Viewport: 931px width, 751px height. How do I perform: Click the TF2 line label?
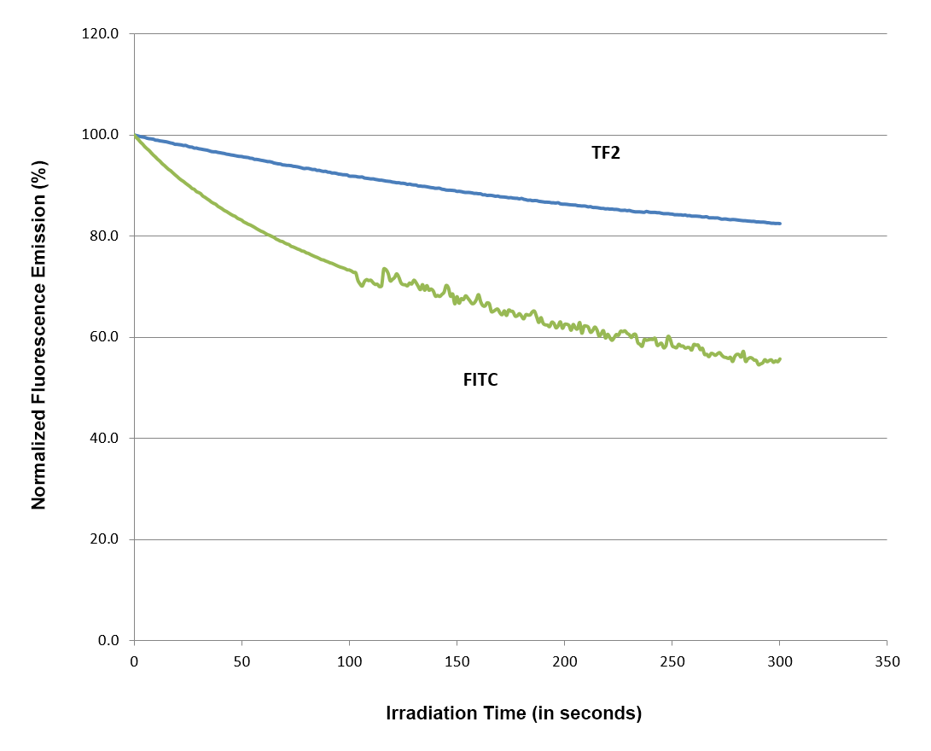[606, 154]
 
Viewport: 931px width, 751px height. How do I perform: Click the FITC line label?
[480, 381]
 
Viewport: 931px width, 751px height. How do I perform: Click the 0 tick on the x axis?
[134, 661]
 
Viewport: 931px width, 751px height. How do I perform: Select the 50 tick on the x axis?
[241, 661]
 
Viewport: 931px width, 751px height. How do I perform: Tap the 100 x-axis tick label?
[349, 661]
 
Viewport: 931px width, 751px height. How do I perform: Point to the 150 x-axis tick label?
[457, 661]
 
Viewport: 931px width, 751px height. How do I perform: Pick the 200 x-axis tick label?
[564, 661]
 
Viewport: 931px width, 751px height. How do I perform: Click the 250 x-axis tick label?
[672, 661]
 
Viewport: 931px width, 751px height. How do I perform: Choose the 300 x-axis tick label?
[779, 661]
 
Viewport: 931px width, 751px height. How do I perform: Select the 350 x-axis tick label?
[887, 661]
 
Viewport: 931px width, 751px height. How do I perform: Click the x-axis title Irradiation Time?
[514, 713]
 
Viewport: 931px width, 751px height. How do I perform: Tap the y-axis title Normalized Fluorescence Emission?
[38, 337]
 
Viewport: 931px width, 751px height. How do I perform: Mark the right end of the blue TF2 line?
[779, 224]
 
